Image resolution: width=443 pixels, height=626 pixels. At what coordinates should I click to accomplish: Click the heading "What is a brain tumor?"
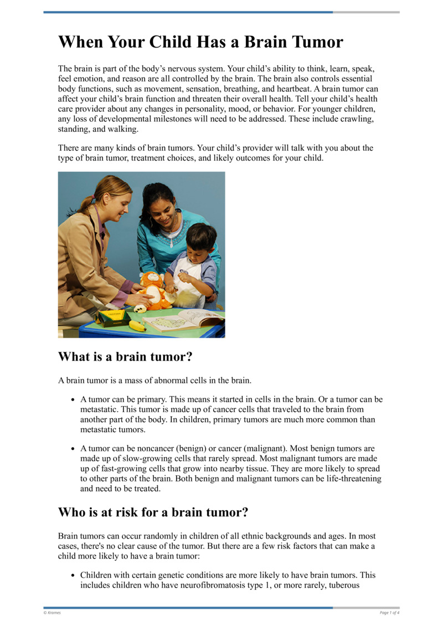pyautogui.click(x=125, y=357)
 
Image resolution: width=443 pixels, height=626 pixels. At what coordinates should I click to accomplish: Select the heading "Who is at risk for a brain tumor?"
pyautogui.click(x=153, y=512)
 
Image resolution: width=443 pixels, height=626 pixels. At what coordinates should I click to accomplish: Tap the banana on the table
pyautogui.click(x=137, y=326)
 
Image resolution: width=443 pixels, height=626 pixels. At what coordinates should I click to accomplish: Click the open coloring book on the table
pyautogui.click(x=183, y=320)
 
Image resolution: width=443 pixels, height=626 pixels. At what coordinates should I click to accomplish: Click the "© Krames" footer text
pyautogui.click(x=52, y=612)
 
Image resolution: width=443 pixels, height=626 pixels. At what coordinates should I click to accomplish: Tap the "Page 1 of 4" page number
pyautogui.click(x=389, y=612)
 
